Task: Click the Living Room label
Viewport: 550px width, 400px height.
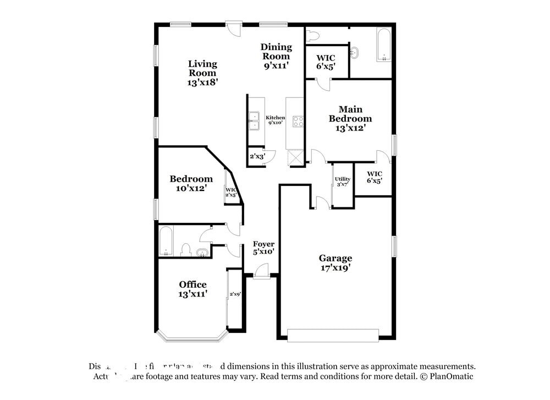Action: [x=202, y=73]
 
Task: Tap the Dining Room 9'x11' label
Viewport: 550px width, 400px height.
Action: [x=276, y=56]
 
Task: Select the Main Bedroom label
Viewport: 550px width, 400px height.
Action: [x=350, y=118]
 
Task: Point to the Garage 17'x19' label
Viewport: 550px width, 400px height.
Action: [x=335, y=262]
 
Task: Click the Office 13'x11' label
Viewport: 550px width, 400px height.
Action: [x=193, y=289]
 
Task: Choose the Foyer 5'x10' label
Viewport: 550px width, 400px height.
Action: [x=263, y=248]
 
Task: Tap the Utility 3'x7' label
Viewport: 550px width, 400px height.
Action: [x=343, y=182]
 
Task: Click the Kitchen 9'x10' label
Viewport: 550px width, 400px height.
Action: [x=275, y=120]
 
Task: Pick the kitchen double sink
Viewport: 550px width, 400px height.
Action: [x=255, y=121]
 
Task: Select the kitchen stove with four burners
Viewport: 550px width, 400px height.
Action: [x=298, y=121]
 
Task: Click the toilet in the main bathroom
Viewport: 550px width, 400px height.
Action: [x=312, y=36]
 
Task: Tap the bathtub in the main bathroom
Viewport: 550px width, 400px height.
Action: [x=383, y=45]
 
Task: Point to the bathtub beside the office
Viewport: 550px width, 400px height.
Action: [x=166, y=243]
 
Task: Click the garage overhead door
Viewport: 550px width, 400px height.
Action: [x=333, y=335]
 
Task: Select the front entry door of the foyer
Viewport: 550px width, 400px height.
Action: [x=262, y=271]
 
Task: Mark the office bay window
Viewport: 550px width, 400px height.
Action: [x=191, y=335]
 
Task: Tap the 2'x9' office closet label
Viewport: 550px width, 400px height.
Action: [x=235, y=294]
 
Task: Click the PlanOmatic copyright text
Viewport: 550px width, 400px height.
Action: [x=446, y=376]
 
